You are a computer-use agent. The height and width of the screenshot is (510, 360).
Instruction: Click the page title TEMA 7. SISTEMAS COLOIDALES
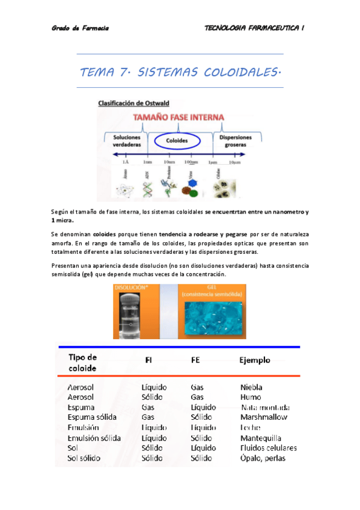point(180,73)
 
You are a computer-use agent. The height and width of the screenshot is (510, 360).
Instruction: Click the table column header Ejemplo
point(255,360)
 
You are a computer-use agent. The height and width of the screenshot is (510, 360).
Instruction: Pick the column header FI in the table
point(148,360)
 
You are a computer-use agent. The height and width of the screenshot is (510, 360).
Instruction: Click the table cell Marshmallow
point(263,417)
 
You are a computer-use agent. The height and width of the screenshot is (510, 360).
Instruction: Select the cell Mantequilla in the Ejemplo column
point(260,438)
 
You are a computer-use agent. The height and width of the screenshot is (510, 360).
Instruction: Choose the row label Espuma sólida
point(92,417)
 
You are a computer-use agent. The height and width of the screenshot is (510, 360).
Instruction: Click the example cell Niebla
point(251,387)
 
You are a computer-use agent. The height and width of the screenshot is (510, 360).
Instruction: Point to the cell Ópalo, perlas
point(263,458)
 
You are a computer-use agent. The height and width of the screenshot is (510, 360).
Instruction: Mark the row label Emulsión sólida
point(94,438)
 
